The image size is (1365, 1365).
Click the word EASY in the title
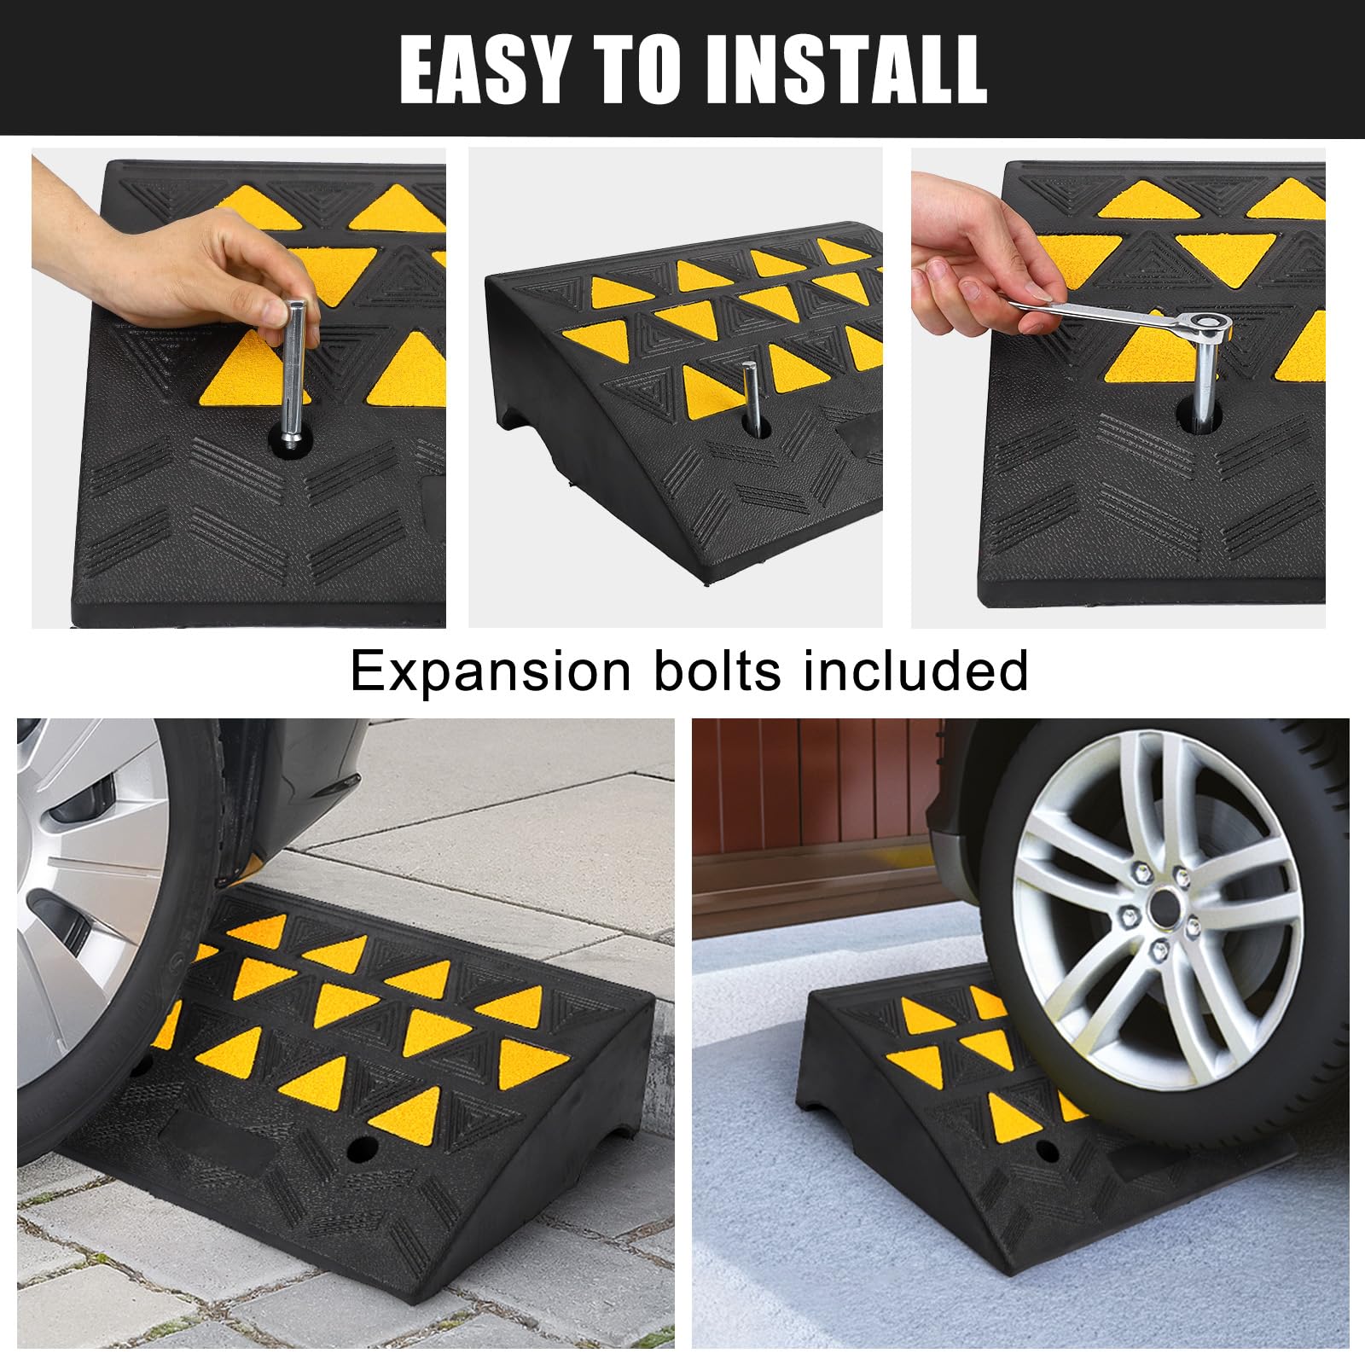483,70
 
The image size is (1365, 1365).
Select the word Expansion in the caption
491,671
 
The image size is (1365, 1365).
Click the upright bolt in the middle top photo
751,398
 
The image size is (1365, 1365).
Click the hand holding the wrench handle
981,256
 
